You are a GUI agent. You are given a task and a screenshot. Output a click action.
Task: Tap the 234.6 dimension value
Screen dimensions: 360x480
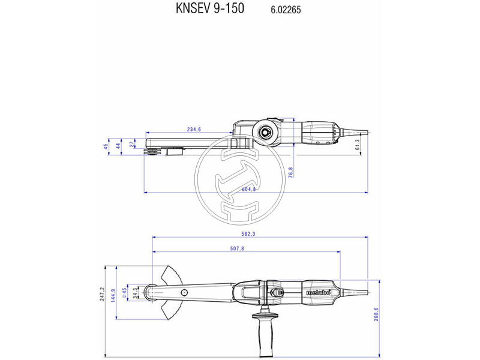coord(194,129)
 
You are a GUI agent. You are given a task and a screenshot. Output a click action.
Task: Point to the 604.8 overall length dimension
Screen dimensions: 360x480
coord(248,189)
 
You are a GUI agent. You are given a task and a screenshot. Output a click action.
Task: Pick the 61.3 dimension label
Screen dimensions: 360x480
coord(358,145)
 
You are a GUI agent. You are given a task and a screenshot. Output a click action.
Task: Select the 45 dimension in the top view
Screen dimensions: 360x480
coord(106,146)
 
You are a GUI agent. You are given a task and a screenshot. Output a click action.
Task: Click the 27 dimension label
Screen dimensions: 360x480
coord(133,145)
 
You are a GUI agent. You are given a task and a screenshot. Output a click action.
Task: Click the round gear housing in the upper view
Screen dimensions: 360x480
coord(264,131)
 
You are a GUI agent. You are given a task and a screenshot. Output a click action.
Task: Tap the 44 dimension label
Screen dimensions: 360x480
coord(119,145)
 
